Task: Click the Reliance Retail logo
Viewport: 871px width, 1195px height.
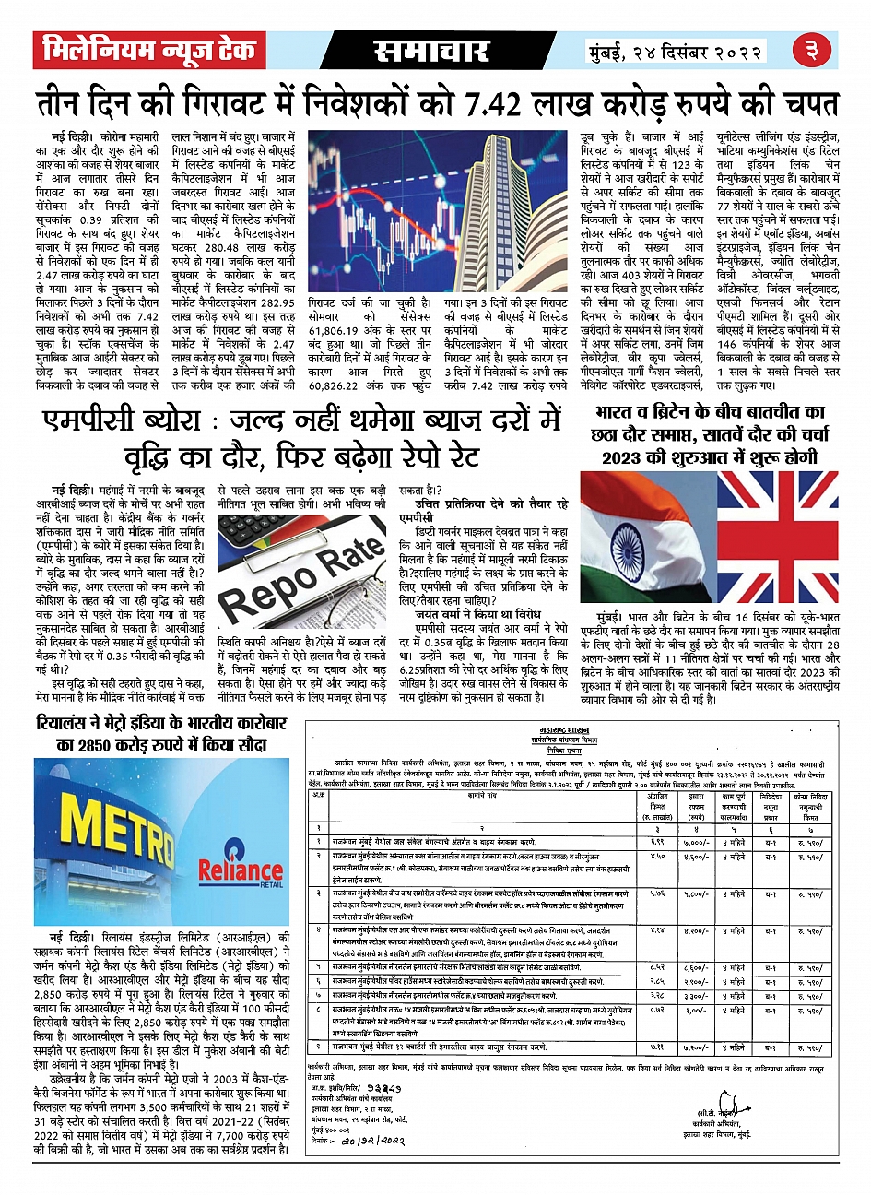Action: [x=241, y=870]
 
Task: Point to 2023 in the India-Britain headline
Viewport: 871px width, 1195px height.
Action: [x=628, y=457]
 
